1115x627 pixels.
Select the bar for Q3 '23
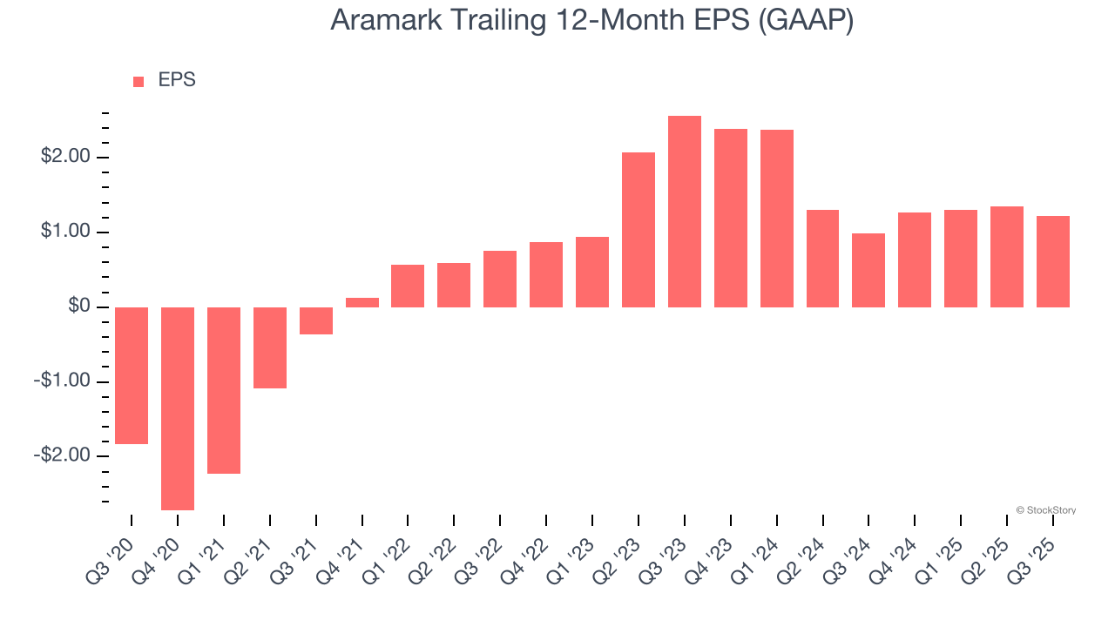[x=685, y=212]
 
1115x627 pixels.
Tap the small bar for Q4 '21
[x=362, y=302]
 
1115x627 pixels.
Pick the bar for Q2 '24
[x=822, y=259]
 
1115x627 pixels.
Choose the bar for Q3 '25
[x=1053, y=261]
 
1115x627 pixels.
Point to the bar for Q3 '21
[x=316, y=320]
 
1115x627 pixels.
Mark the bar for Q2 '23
[x=639, y=230]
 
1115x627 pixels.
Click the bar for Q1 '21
[x=224, y=390]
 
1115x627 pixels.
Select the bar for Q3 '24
[x=868, y=270]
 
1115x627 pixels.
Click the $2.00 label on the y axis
[x=65, y=158]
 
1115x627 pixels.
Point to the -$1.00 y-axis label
[x=63, y=381]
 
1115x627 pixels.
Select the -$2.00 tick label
[x=63, y=455]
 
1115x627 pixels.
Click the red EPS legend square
[x=139, y=82]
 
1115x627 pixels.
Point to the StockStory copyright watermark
[x=1045, y=510]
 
